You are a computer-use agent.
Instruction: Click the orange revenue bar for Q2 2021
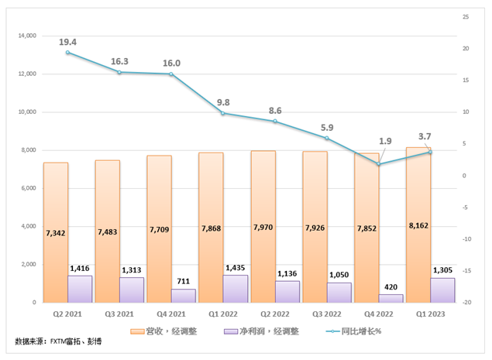pos(56,232)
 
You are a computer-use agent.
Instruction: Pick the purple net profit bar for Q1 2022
pos(235,289)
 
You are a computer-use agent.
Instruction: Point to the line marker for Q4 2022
pos(378,164)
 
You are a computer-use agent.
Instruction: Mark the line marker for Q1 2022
pos(223,114)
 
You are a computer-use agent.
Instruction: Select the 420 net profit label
pos(391,288)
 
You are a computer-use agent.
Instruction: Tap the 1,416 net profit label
pos(81,269)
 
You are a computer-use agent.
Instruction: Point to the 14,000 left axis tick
pos(26,36)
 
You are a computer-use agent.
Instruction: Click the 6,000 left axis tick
pos(29,188)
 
